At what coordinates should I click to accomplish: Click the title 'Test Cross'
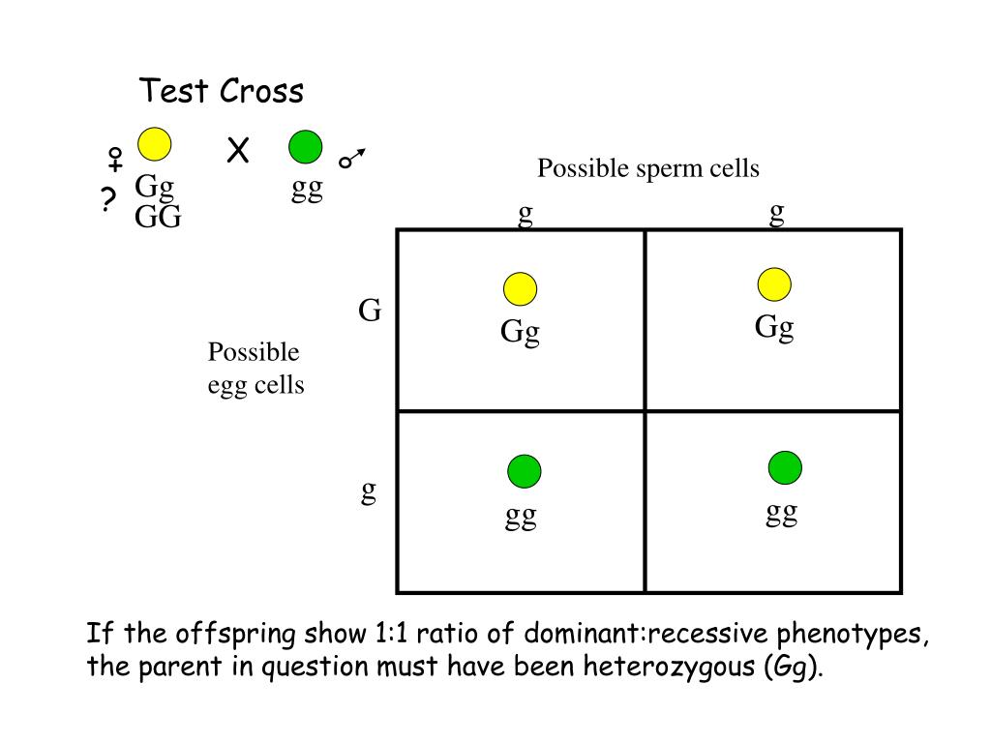coord(222,92)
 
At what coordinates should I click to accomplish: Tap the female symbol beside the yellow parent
coord(114,160)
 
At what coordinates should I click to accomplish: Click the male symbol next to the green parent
coord(353,160)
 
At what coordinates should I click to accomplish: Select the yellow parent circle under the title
coord(154,145)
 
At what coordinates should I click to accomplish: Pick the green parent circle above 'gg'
coord(307,147)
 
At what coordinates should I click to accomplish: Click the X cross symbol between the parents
coord(238,151)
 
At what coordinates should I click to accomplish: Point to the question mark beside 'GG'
coord(107,200)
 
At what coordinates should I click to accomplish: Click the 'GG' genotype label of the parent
coord(158,217)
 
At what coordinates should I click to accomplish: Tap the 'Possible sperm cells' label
coord(648,168)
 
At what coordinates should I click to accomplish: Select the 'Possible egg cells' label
coord(255,369)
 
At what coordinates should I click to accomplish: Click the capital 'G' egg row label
coord(370,311)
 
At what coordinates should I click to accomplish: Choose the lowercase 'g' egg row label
coord(369,491)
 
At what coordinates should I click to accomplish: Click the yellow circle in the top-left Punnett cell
coord(520,289)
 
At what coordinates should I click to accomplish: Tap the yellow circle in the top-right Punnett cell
coord(774,284)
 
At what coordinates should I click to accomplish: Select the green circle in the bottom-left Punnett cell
coord(524,471)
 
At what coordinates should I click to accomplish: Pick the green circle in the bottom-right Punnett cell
coord(785,467)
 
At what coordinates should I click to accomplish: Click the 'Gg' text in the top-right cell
coord(774,327)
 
